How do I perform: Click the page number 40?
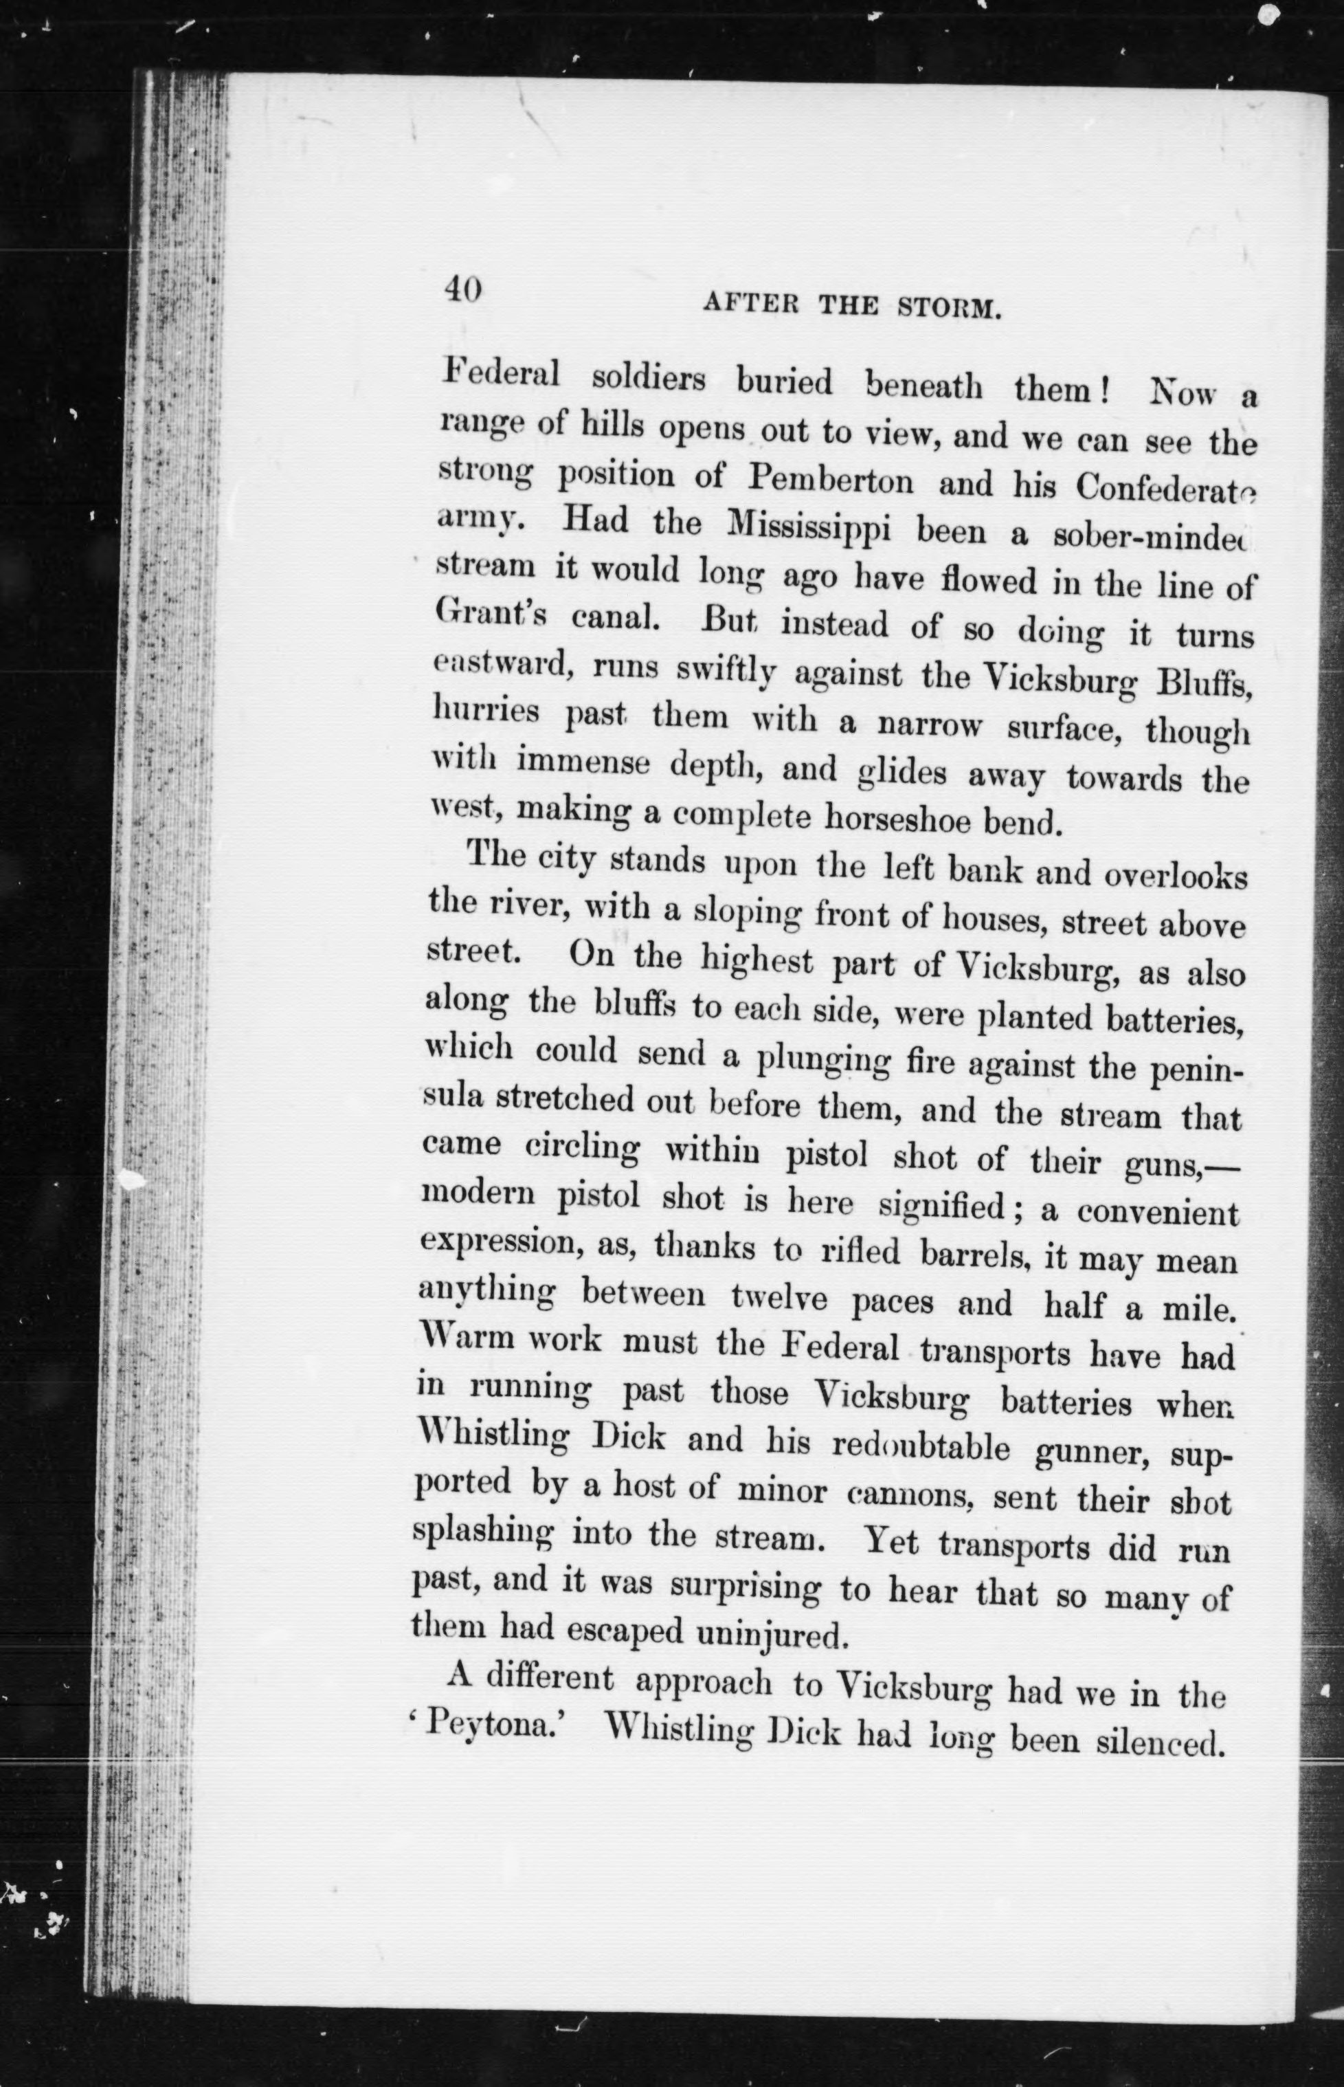pos(462,289)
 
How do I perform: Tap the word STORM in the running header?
pos(948,307)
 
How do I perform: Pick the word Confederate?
pos(1165,488)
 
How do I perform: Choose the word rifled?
pos(860,1252)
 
